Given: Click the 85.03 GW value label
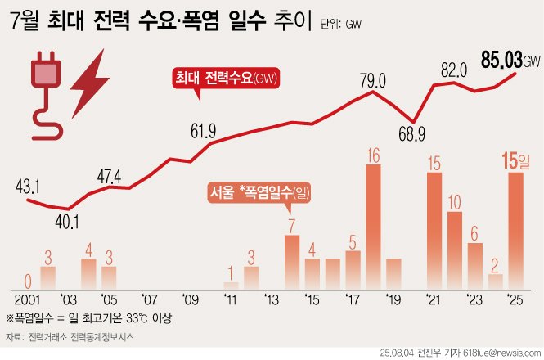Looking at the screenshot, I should click(510, 61).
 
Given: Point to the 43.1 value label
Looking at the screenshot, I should click(27, 187).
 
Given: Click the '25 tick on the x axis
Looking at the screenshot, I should click(515, 299).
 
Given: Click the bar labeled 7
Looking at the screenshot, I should click(292, 260).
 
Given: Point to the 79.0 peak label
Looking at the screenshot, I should click(372, 79).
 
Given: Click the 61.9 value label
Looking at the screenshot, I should click(202, 131).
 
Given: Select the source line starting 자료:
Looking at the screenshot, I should click(70, 336).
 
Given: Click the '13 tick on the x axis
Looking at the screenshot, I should click(272, 299).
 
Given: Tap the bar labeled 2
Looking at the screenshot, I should click(495, 280).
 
